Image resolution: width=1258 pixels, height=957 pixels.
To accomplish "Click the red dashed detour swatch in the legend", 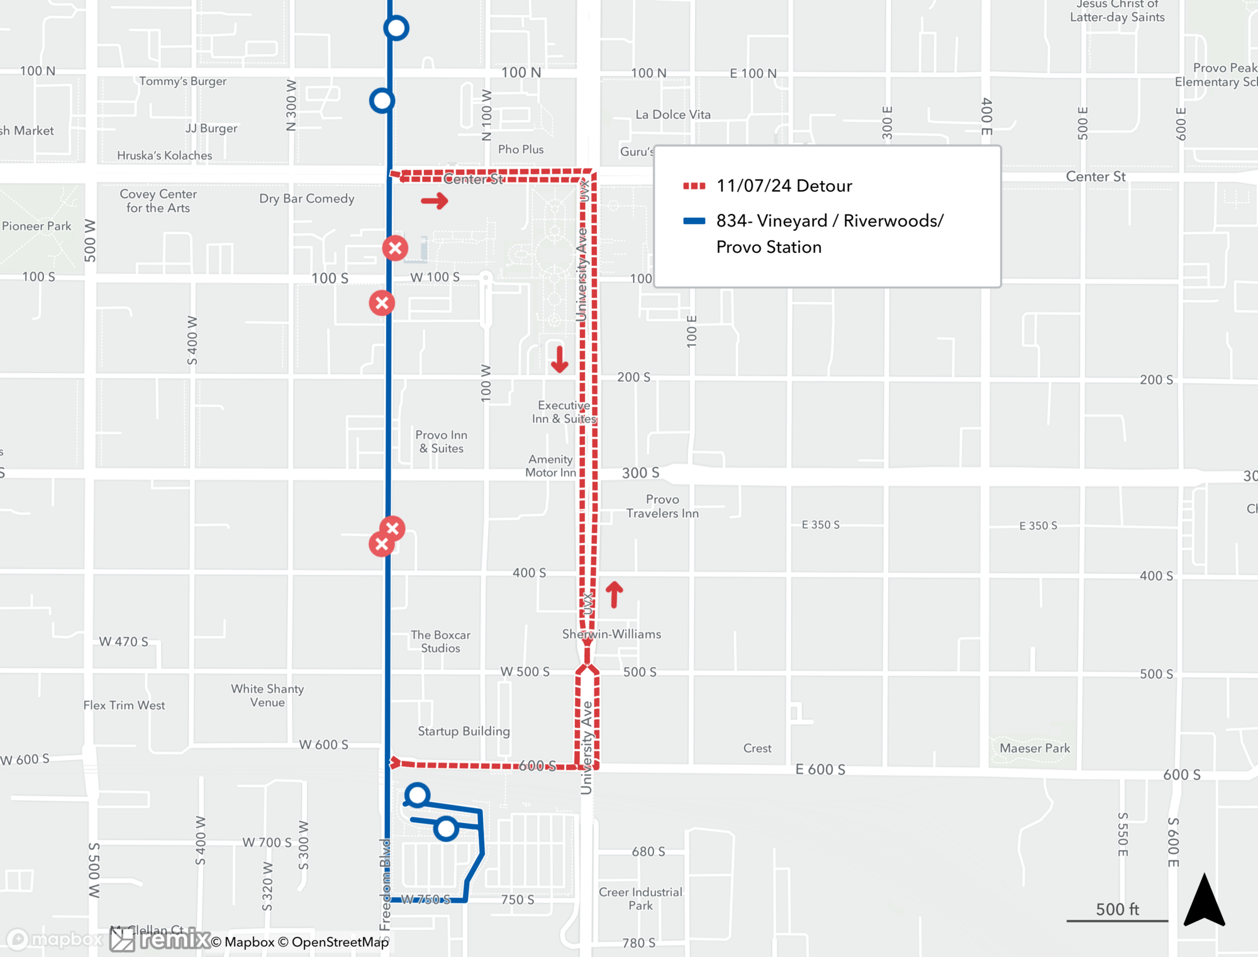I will (694, 186).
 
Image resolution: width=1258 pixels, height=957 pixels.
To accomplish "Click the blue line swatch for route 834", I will (694, 221).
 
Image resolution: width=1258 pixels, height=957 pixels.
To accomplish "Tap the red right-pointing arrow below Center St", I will (434, 201).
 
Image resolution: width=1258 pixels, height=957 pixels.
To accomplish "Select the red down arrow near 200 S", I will (559, 359).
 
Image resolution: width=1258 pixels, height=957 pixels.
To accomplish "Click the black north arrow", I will (1204, 900).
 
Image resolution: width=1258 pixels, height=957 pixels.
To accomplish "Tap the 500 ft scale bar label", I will (1117, 909).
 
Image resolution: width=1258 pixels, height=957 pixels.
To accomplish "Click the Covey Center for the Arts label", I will (158, 201).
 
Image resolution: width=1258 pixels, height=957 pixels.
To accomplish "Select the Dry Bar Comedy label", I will (307, 198).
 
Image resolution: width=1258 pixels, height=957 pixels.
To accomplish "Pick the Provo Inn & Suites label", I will (441, 442).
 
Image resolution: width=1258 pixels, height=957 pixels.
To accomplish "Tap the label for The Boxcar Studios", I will (440, 641).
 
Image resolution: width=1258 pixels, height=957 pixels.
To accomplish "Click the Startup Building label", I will (464, 730).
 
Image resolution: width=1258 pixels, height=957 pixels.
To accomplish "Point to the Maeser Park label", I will (1035, 748).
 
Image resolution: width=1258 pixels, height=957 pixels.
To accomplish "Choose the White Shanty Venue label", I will (267, 695).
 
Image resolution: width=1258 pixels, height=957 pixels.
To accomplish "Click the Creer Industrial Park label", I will (640, 898).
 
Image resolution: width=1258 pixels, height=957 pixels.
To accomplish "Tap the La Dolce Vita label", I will (672, 115).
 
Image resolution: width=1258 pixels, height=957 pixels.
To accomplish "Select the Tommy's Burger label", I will (182, 81).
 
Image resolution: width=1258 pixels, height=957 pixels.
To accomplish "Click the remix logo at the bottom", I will (160, 939).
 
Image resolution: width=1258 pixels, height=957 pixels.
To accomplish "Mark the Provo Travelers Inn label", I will (662, 506).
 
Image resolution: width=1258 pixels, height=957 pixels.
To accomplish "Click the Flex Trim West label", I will (124, 705).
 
